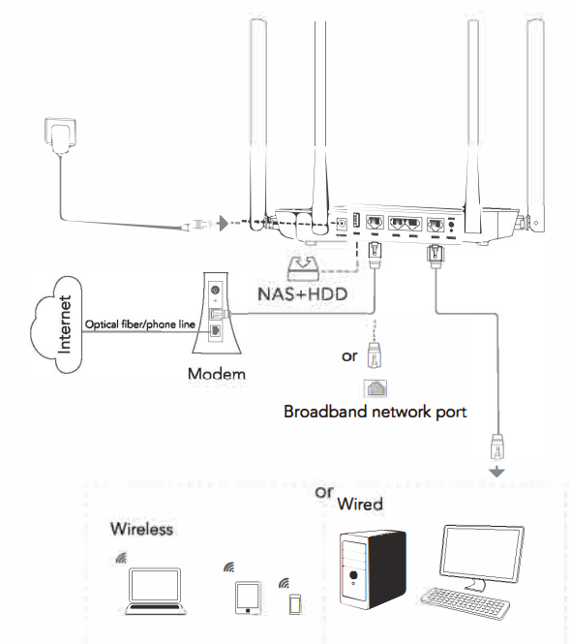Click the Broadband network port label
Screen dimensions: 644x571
[375, 412]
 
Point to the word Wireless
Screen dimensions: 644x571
[141, 529]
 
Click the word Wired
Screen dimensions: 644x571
[359, 505]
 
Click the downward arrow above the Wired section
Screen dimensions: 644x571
[498, 472]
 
